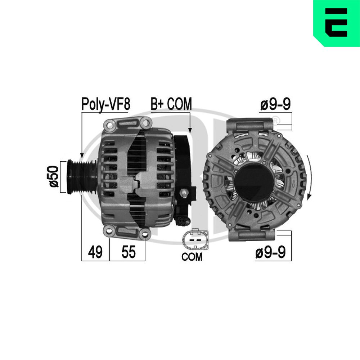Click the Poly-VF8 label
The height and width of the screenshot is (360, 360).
tap(106, 104)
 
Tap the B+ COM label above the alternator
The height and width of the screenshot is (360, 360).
tap(171, 104)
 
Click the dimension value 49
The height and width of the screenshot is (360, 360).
tap(95, 252)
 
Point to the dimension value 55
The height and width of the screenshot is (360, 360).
tap(129, 252)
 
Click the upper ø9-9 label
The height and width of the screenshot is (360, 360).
tap(275, 104)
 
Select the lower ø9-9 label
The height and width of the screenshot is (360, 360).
tap(271, 252)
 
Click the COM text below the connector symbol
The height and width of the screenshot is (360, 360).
tap(192, 257)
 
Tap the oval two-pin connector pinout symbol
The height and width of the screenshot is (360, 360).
tap(195, 239)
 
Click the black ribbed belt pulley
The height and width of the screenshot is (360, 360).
tap(81, 176)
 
